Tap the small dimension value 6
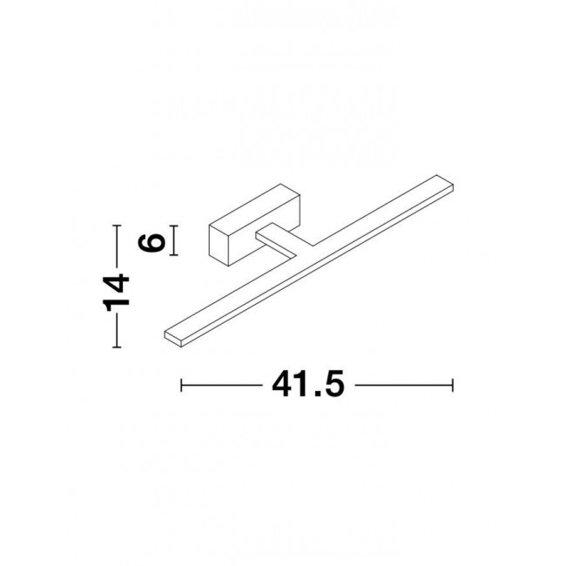click(155, 240)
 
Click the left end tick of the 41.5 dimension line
click(180, 384)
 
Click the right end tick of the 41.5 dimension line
click(453, 384)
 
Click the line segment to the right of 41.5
click(405, 384)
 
